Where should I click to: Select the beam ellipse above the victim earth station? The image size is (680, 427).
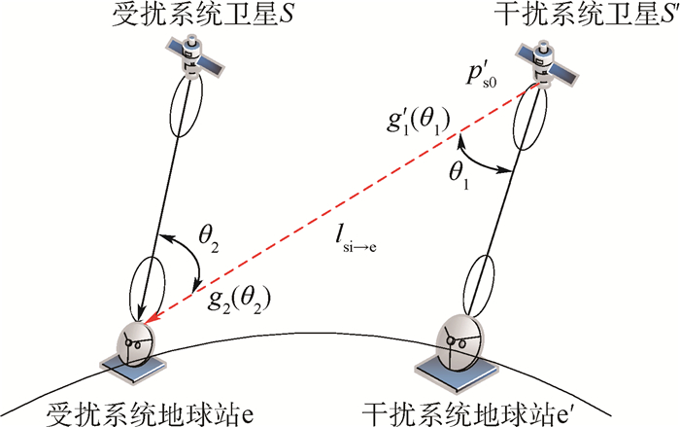pyautogui.click(x=149, y=282)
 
